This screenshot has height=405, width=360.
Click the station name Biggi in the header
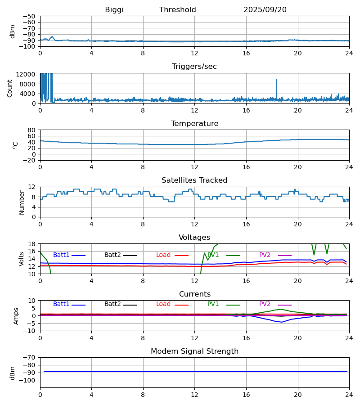(114, 10)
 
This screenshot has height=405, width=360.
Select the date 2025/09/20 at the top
(265, 10)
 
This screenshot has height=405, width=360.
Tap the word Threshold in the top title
(178, 10)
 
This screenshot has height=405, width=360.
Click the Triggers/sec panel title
(194, 67)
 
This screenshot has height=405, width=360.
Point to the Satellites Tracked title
(194, 180)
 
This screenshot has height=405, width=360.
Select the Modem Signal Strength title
(194, 351)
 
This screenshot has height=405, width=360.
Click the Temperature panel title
(194, 124)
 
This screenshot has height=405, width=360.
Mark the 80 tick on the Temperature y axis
(31, 130)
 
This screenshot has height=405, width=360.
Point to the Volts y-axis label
(22, 259)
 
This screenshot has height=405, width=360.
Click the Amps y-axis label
(17, 316)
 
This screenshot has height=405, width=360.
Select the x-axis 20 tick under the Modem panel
(297, 395)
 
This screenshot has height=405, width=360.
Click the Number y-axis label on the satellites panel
(22, 202)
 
